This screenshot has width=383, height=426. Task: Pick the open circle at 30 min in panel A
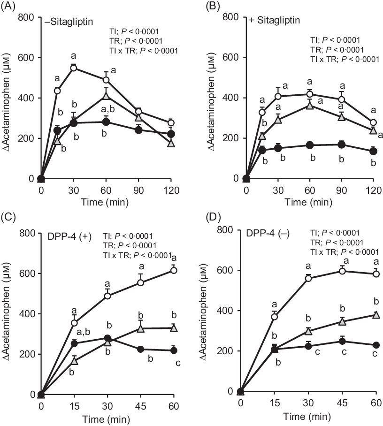[73, 68]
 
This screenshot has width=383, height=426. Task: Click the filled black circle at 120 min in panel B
[374, 151]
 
